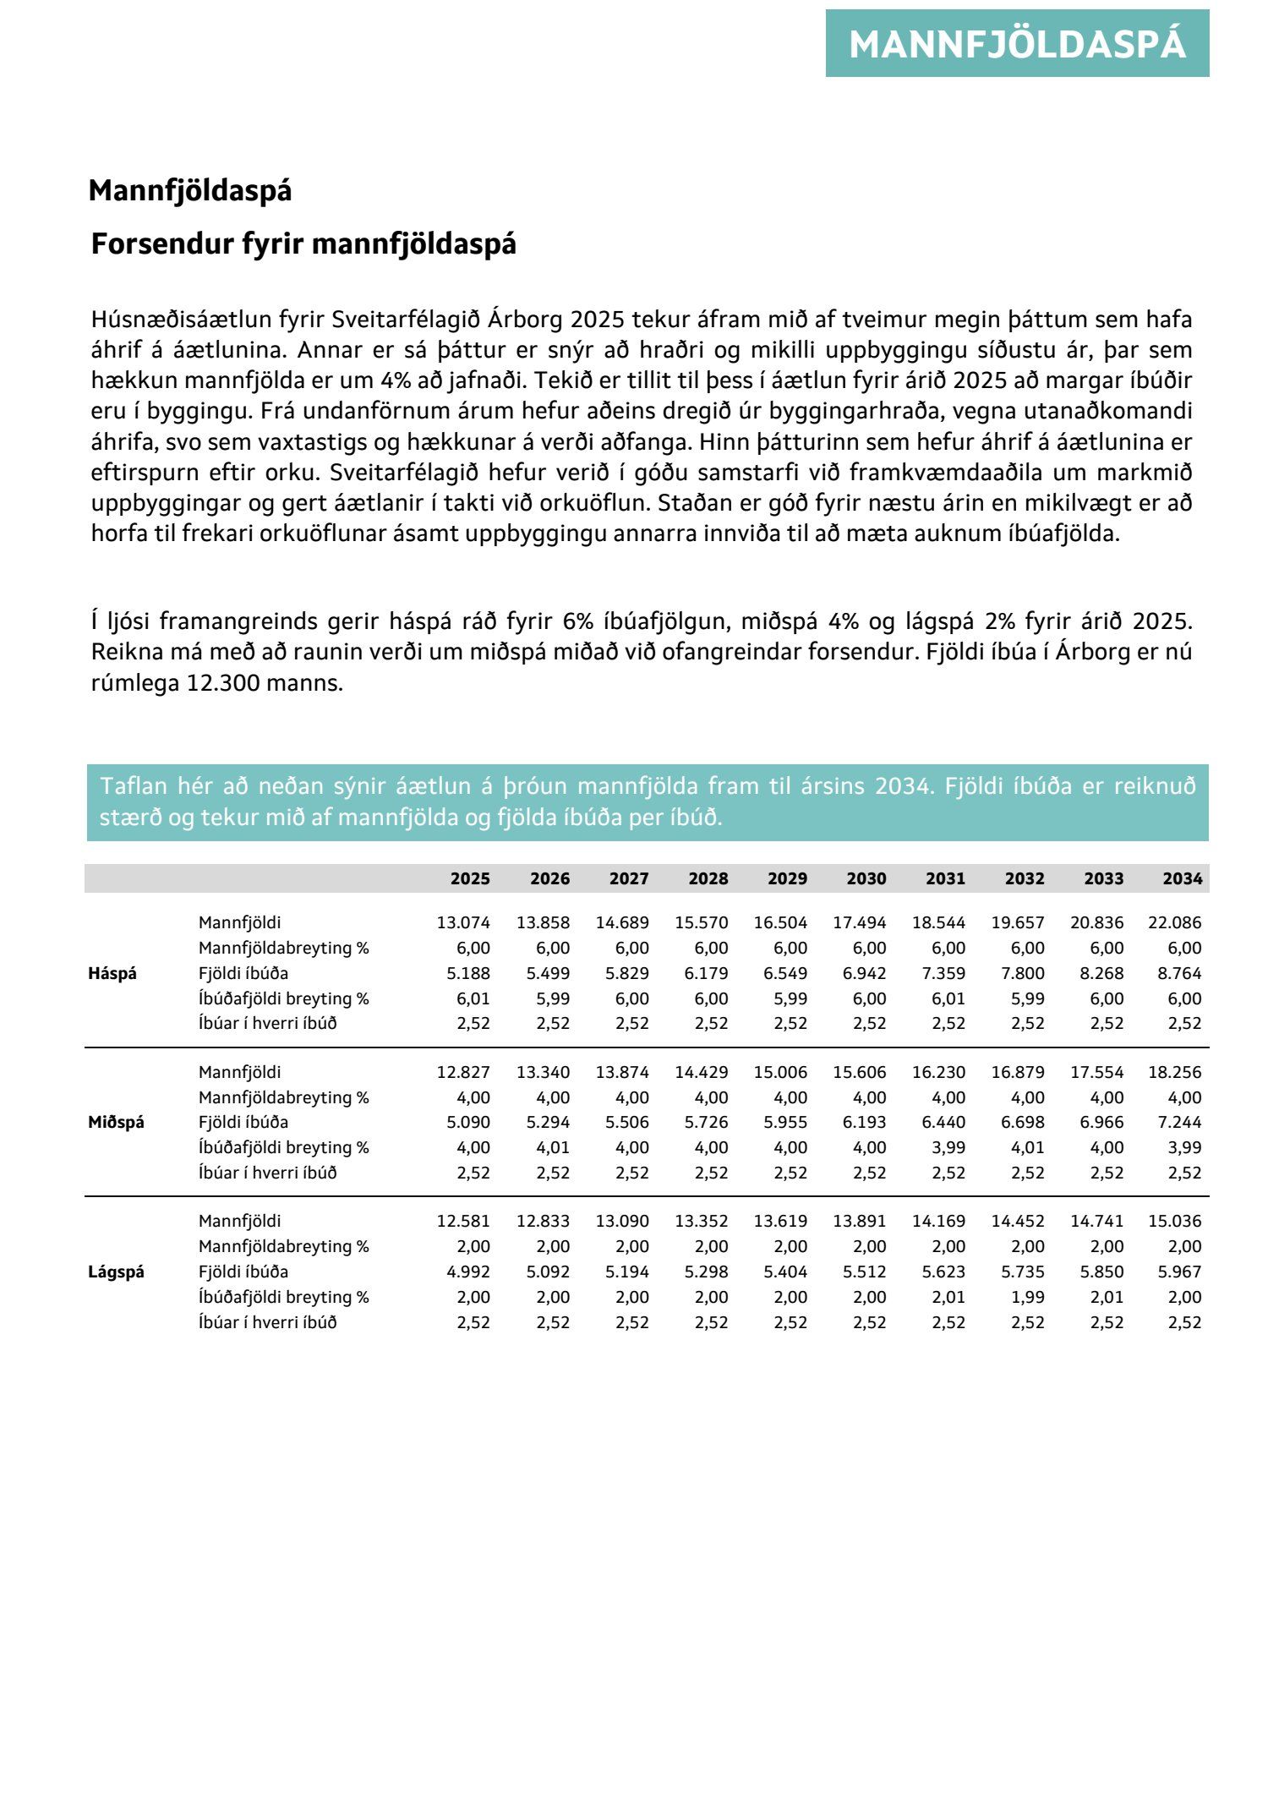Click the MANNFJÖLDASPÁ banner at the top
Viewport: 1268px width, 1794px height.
click(x=1017, y=44)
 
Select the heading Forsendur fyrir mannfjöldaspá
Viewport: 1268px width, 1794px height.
click(x=303, y=244)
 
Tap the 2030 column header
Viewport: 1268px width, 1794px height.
click(x=866, y=878)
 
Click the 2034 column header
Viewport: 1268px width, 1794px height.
click(x=1182, y=878)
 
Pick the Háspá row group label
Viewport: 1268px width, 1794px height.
click(x=112, y=973)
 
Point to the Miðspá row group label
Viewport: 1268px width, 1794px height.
click(x=116, y=1122)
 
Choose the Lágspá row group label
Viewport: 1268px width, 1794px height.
click(x=116, y=1272)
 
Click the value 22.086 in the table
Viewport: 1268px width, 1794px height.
click(x=1174, y=922)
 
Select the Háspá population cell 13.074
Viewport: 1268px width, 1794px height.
click(x=463, y=922)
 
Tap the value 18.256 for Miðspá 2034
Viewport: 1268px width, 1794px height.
click(x=1174, y=1072)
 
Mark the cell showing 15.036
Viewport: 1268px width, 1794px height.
click(x=1174, y=1221)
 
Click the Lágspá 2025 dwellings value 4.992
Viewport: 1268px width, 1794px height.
click(x=468, y=1272)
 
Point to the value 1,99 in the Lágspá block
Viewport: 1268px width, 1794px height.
click(x=1028, y=1297)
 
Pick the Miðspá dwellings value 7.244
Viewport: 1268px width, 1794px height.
click(x=1179, y=1122)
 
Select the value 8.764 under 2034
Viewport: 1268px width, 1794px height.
click(x=1179, y=973)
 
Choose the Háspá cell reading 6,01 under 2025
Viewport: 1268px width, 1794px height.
click(x=473, y=998)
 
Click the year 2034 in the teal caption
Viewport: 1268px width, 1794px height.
click(x=904, y=787)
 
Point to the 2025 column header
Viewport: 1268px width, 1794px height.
click(x=470, y=878)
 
